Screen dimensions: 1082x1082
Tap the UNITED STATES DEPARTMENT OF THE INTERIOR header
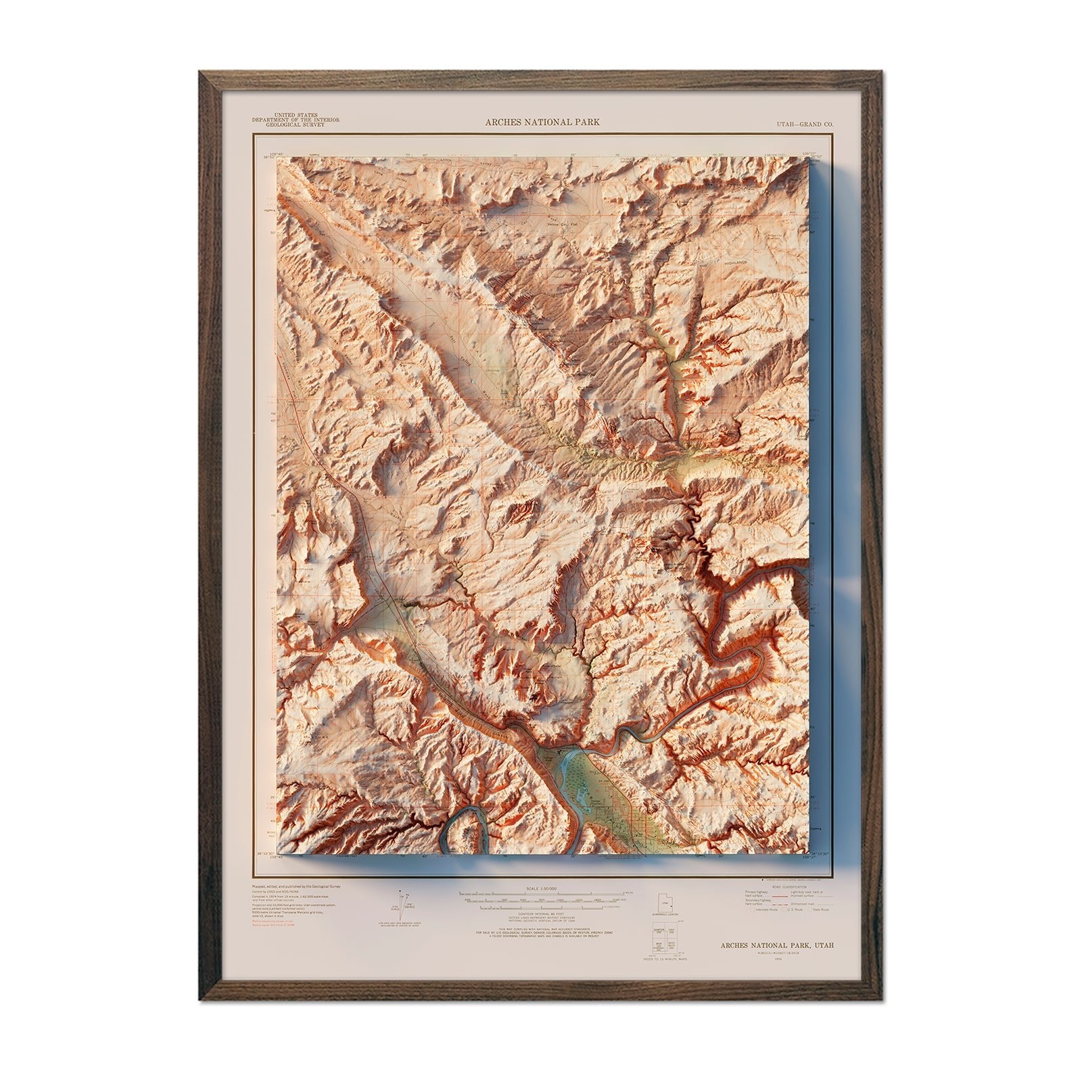[296, 120]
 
